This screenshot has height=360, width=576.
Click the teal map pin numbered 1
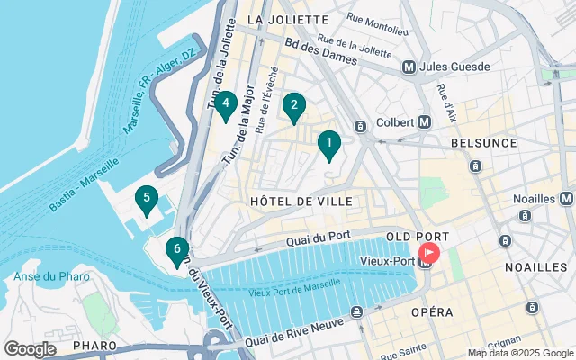(329, 144)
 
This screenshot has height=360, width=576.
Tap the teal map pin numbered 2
(293, 106)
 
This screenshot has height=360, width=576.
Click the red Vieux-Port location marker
(430, 255)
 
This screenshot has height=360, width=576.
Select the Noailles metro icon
(565, 198)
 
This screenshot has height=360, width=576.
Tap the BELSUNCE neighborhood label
(484, 143)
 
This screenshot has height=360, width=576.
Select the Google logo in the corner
(30, 349)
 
